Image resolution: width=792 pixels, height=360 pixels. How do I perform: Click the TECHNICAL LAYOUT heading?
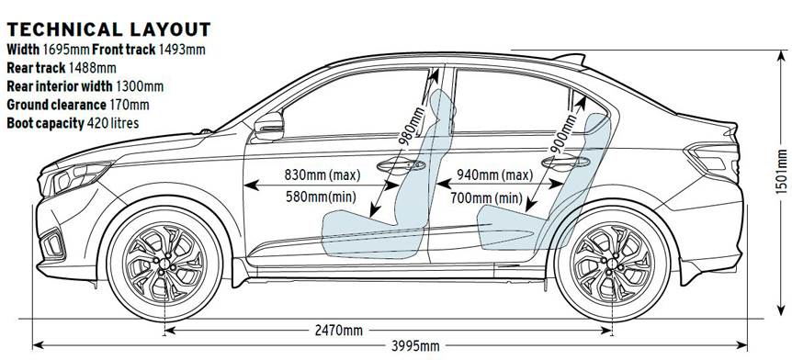point(108,30)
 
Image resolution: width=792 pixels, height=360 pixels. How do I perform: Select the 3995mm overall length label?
point(414,346)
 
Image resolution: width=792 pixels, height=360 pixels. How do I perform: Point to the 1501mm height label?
point(781,179)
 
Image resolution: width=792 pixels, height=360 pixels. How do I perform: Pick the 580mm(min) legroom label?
point(321,197)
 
